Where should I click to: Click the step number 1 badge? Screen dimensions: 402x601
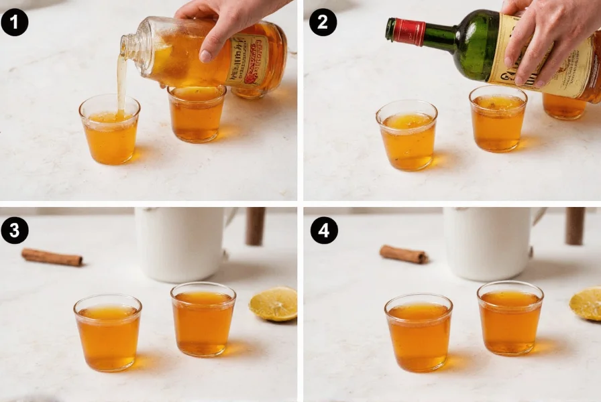click(x=15, y=23)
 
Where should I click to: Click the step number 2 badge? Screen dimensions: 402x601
click(x=323, y=23)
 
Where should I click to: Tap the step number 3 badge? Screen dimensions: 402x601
click(x=15, y=230)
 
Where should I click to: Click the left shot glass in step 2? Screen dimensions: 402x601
click(x=406, y=135)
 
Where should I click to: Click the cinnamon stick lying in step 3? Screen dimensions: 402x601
click(x=52, y=257)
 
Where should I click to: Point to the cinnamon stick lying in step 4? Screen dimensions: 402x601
click(x=403, y=254)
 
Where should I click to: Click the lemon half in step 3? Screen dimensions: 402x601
click(x=274, y=304)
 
